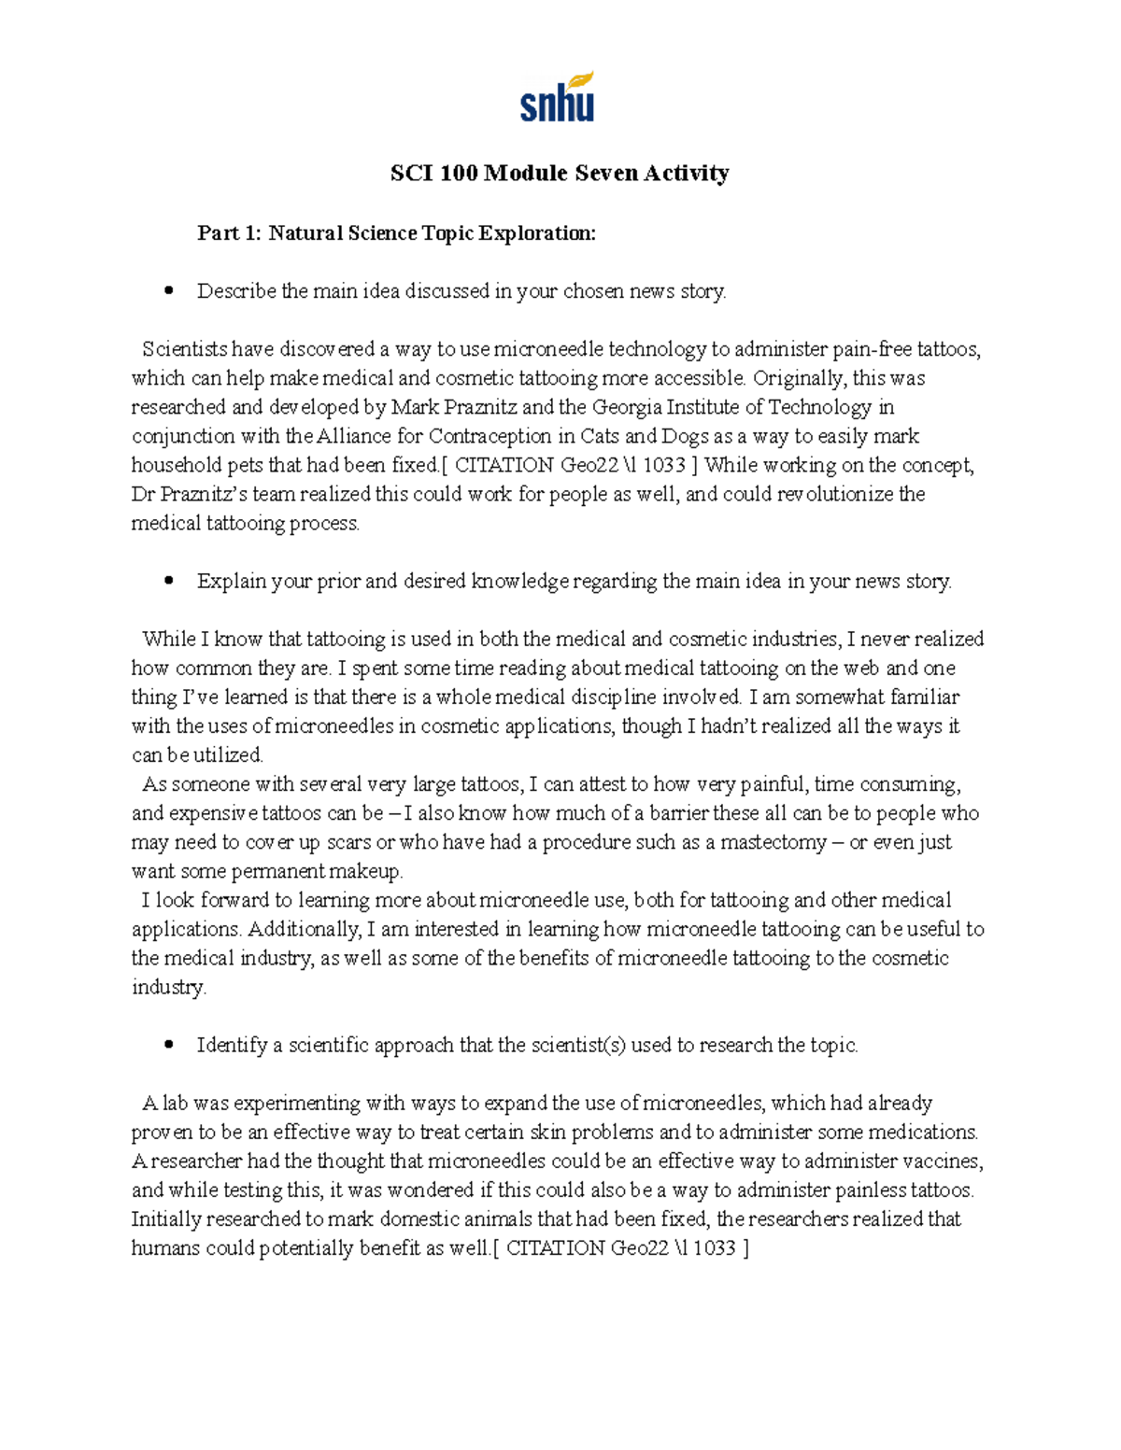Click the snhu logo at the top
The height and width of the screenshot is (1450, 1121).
pyautogui.click(x=557, y=98)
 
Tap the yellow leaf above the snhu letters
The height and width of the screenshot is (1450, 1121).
pyautogui.click(x=581, y=79)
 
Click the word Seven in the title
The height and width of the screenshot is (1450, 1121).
pyautogui.click(x=606, y=173)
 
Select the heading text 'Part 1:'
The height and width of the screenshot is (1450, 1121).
pyautogui.click(x=229, y=232)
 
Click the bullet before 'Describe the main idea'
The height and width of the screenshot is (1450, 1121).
pyautogui.click(x=168, y=291)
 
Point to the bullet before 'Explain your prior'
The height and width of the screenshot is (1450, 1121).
pyautogui.click(x=168, y=581)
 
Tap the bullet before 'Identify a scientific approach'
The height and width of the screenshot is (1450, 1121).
pyautogui.click(x=168, y=1045)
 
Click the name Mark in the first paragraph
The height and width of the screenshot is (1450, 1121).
pyautogui.click(x=412, y=407)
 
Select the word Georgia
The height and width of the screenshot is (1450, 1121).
pyautogui.click(x=625, y=407)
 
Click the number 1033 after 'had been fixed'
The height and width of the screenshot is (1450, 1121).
pyautogui.click(x=665, y=465)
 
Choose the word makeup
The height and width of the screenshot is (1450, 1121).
pyautogui.click(x=368, y=871)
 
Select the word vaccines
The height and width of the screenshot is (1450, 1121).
pyautogui.click(x=944, y=1161)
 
